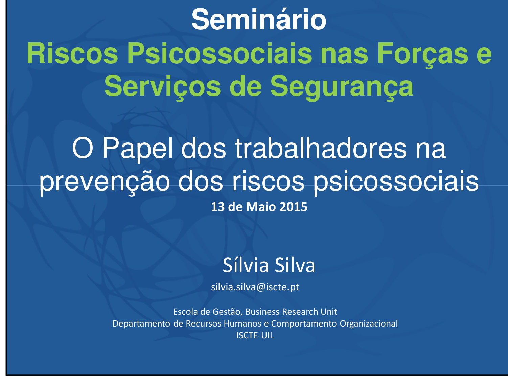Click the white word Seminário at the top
click(259, 19)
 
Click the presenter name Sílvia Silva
click(269, 265)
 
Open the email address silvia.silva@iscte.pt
click(255, 287)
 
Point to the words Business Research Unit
click(291, 312)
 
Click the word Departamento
click(141, 324)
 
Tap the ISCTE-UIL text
click(255, 335)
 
